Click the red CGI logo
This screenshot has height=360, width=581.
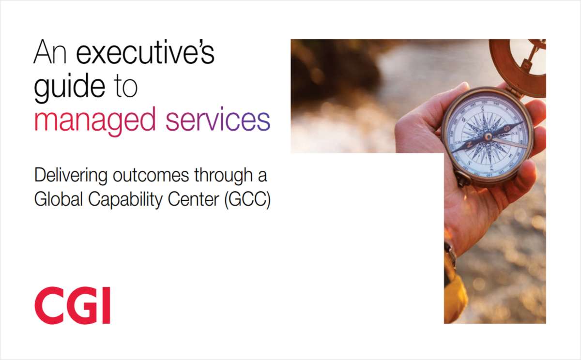point(72,305)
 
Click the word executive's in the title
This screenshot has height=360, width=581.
point(145,52)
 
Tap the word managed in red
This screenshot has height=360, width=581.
point(95,120)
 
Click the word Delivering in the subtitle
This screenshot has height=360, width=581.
point(71,176)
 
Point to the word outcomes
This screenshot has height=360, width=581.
point(151,176)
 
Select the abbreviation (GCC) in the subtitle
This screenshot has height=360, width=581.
point(247,199)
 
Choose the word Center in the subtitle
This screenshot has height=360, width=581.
point(194,199)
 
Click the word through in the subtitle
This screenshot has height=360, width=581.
point(223,176)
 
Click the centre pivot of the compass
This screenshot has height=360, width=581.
point(488,136)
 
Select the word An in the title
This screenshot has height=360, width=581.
point(50,52)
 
